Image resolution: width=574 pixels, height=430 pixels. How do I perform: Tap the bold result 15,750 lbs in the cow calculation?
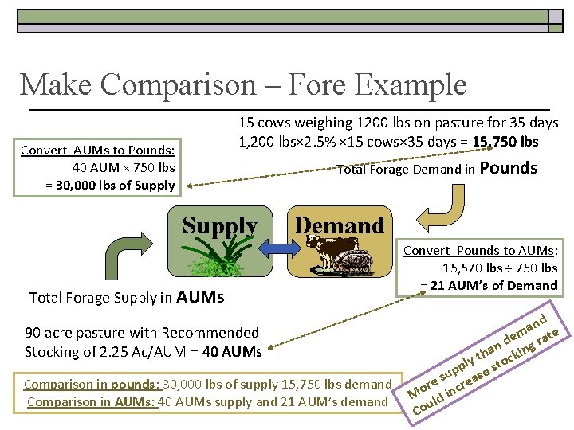(505, 143)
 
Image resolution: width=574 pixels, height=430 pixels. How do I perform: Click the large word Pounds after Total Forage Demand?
(509, 168)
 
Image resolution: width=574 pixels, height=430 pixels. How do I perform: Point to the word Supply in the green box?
(219, 226)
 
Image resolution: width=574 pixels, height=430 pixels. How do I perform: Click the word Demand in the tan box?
(340, 226)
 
